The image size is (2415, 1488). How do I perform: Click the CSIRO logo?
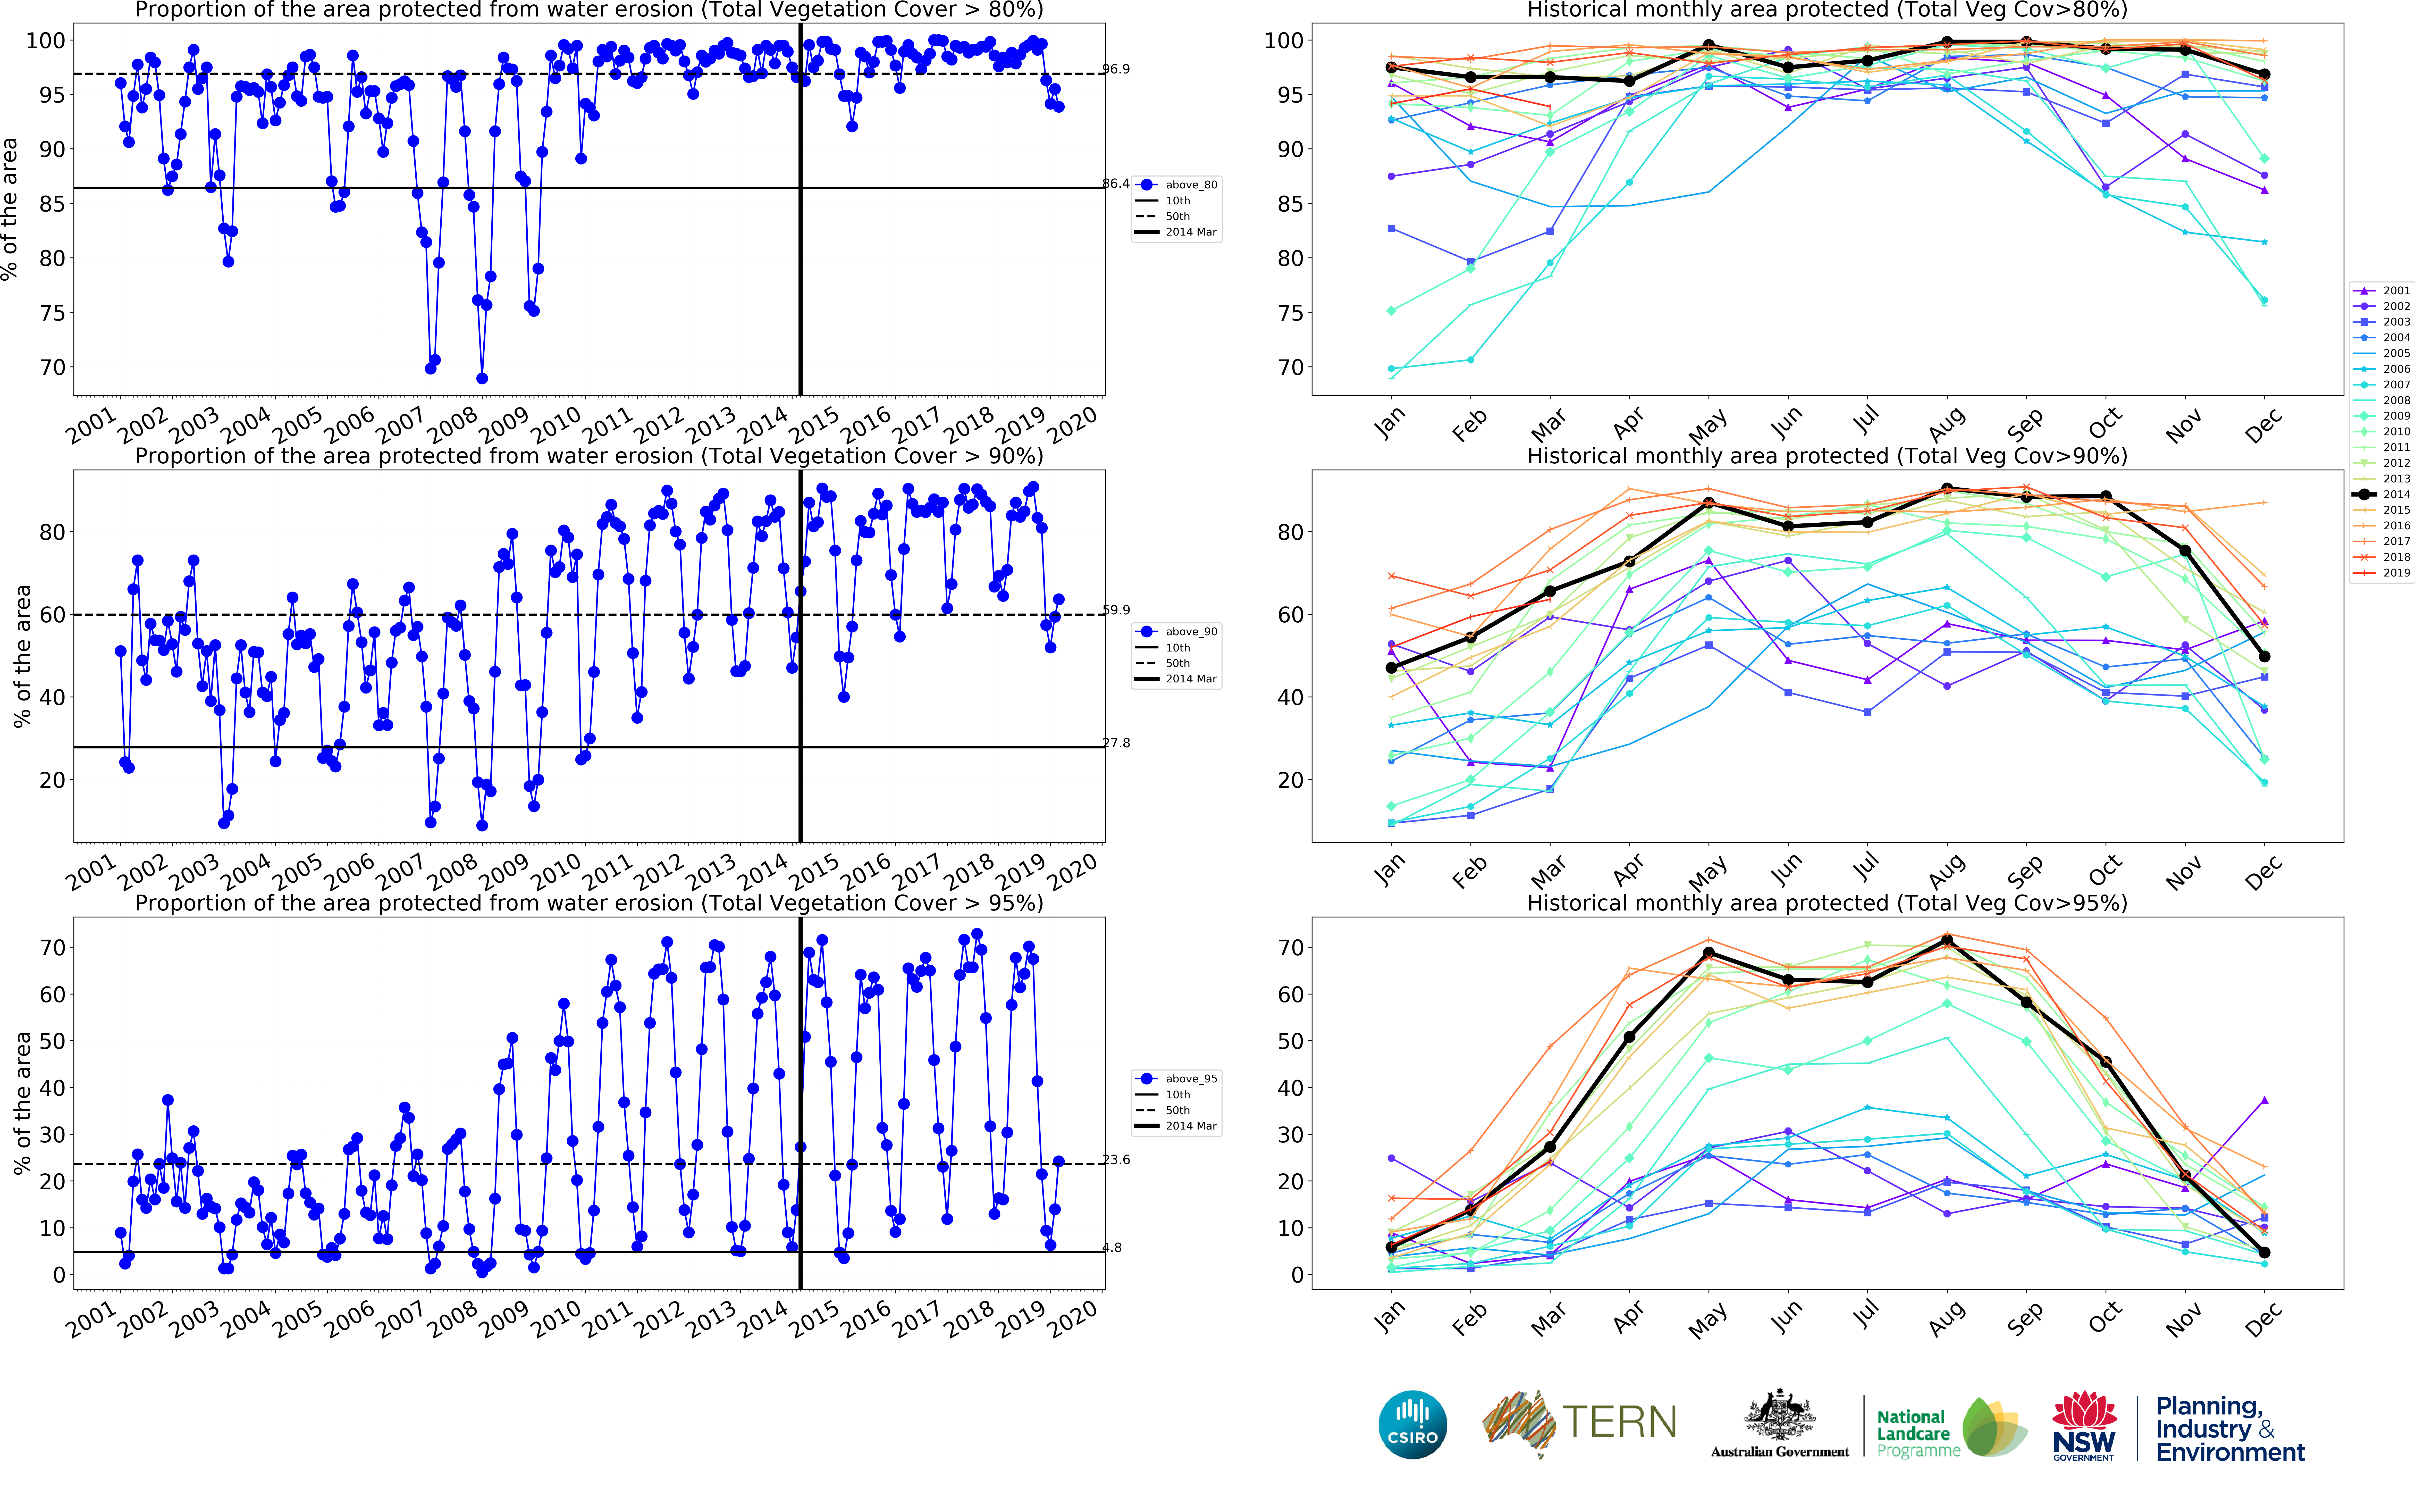click(x=1413, y=1424)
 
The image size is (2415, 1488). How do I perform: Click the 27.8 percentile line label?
click(x=1116, y=743)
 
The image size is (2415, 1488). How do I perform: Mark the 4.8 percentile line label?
click(x=1112, y=1248)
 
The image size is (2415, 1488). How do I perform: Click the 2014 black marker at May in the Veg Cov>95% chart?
click(x=1709, y=953)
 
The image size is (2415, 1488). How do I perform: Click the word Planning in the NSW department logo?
click(x=2208, y=1406)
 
